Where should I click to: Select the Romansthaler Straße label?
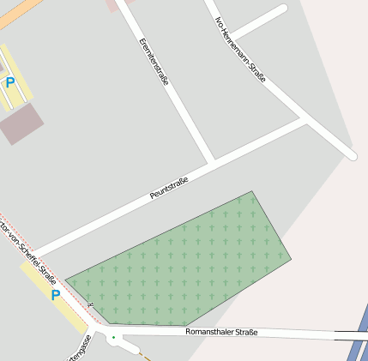coord(221,331)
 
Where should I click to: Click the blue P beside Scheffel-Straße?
coord(56,295)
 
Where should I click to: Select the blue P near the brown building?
coord(10,82)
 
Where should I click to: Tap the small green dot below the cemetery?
coord(113,337)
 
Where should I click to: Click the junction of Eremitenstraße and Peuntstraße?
coord(212,161)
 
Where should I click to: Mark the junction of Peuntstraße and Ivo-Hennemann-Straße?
coord(306,121)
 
